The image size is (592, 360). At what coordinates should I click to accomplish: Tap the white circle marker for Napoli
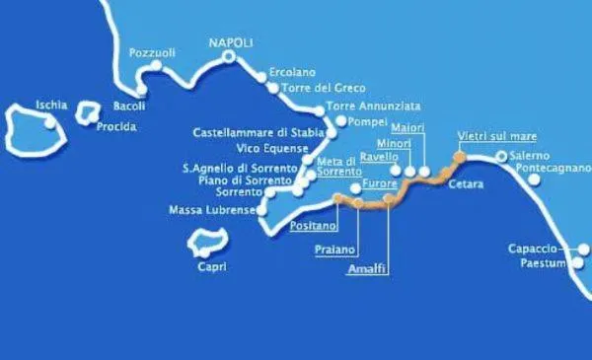click(x=229, y=57)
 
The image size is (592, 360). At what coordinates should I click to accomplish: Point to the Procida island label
click(x=116, y=126)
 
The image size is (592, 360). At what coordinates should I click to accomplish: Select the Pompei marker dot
click(x=341, y=122)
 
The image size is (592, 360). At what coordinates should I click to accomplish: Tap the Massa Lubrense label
click(x=211, y=210)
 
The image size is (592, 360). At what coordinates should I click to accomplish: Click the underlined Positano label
click(x=312, y=226)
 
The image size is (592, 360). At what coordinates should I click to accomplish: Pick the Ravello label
click(x=379, y=156)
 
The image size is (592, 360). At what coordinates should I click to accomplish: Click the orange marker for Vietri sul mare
click(x=458, y=156)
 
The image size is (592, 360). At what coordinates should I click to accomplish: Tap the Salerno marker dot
click(x=501, y=156)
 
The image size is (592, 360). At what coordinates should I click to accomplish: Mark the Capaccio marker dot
click(x=584, y=250)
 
